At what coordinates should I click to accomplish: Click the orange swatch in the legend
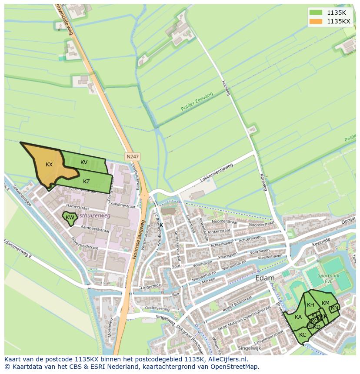click(316, 21)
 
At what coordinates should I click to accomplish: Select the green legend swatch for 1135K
click(316, 13)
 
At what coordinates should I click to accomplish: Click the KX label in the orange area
click(49, 165)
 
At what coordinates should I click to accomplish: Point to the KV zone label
click(84, 162)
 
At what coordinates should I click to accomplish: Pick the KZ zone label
click(87, 181)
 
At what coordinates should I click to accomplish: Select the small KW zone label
click(70, 217)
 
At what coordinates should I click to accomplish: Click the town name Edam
click(265, 278)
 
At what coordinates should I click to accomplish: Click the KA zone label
click(298, 317)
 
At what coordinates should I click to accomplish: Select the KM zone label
click(325, 303)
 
